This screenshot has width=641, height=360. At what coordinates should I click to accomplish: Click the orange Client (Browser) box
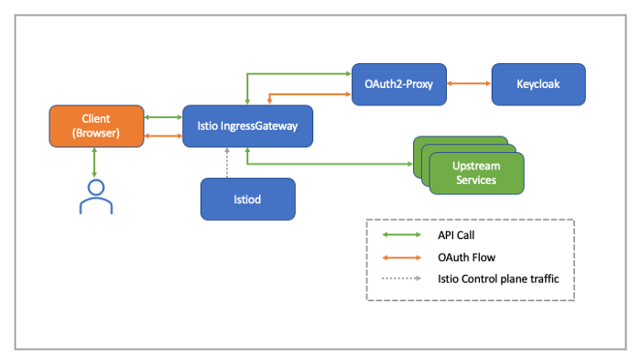[x=96, y=125]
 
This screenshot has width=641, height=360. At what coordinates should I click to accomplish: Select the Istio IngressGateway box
[x=247, y=125]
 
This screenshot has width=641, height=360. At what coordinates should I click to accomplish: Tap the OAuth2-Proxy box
[x=397, y=83]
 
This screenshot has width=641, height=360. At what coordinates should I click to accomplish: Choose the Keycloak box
[x=538, y=83]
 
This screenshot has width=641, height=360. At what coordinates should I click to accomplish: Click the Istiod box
[x=247, y=198]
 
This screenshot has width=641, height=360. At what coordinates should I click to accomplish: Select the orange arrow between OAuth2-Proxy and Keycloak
[x=467, y=83]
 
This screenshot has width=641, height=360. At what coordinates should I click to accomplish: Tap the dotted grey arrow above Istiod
[x=226, y=162]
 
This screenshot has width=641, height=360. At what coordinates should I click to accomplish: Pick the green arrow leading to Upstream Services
[x=330, y=164]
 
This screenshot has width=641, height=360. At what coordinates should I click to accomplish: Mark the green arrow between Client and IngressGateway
[x=163, y=117]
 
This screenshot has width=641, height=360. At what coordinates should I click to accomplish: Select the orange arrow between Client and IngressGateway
[x=163, y=136]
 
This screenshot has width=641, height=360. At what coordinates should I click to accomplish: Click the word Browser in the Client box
[x=97, y=133]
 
